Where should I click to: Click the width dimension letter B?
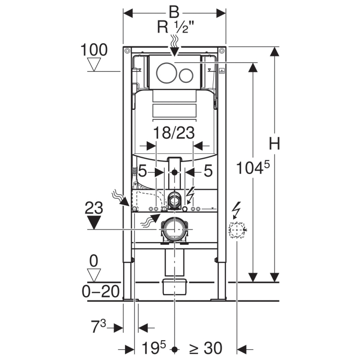pyautogui.click(x=175, y=10)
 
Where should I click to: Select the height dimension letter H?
pyautogui.click(x=274, y=144)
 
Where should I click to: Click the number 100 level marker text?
pyautogui.click(x=94, y=50)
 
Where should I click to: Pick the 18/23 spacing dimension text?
pyautogui.click(x=174, y=133)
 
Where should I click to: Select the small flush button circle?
pyautogui.click(x=186, y=75)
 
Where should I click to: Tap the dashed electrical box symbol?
pyautogui.click(x=235, y=230)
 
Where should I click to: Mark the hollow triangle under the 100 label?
pyautogui.click(x=94, y=64)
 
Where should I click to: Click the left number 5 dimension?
pyautogui.click(x=143, y=171)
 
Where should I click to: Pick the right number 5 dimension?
pyautogui.click(x=207, y=171)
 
